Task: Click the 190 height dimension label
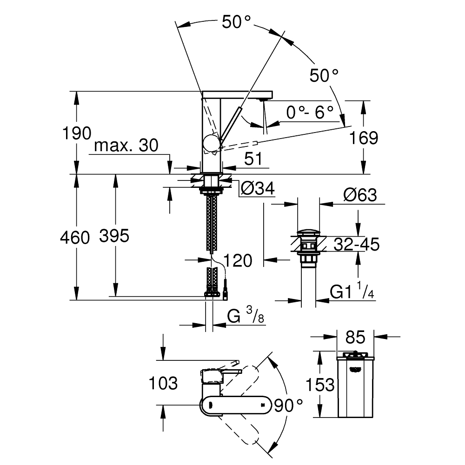tap(77, 133)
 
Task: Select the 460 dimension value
tap(74, 238)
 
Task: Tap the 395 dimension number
tap(114, 237)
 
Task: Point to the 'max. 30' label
tap(126, 146)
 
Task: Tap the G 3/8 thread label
tap(247, 317)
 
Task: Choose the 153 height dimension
tap(320, 385)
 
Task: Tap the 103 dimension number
tap(163, 384)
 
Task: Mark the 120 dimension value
tap(238, 260)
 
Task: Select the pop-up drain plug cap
tap(308, 232)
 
